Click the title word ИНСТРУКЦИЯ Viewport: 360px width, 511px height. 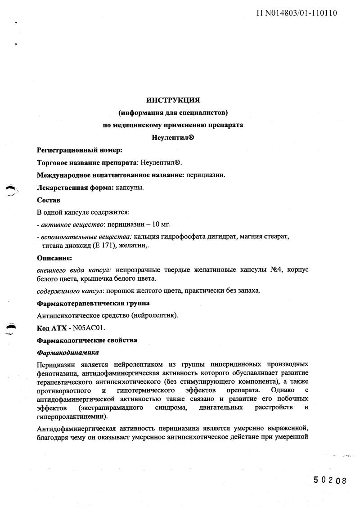173,99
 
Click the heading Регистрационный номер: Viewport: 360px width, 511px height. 79,150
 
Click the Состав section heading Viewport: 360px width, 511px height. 48,200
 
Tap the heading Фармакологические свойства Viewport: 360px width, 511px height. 87,340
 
